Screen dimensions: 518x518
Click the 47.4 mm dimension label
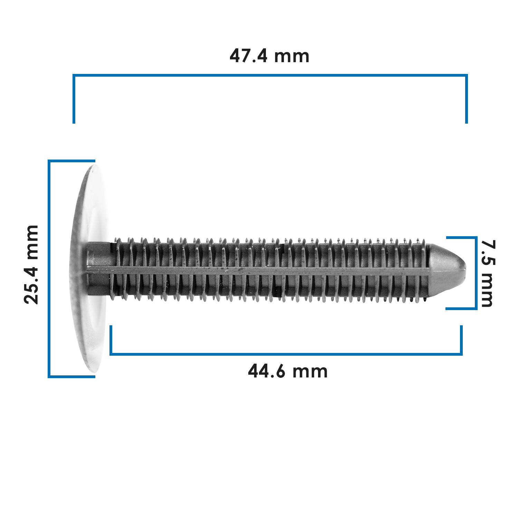[269, 56]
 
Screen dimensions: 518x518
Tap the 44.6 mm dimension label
[288, 372]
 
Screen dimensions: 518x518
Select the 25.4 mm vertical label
[31, 265]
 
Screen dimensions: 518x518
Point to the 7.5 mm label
[488, 273]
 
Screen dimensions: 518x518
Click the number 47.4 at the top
[249, 56]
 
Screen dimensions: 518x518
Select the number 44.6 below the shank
[267, 372]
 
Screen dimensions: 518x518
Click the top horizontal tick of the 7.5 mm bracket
[461, 238]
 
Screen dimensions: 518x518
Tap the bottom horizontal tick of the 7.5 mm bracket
[461, 308]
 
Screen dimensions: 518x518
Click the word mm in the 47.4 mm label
[291, 56]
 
